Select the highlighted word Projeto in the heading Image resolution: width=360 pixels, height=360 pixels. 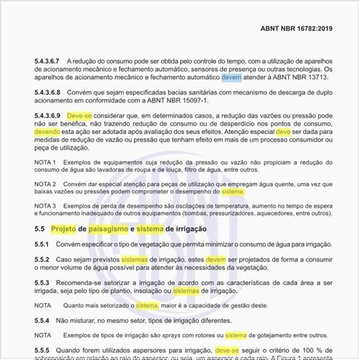tap(68, 228)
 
